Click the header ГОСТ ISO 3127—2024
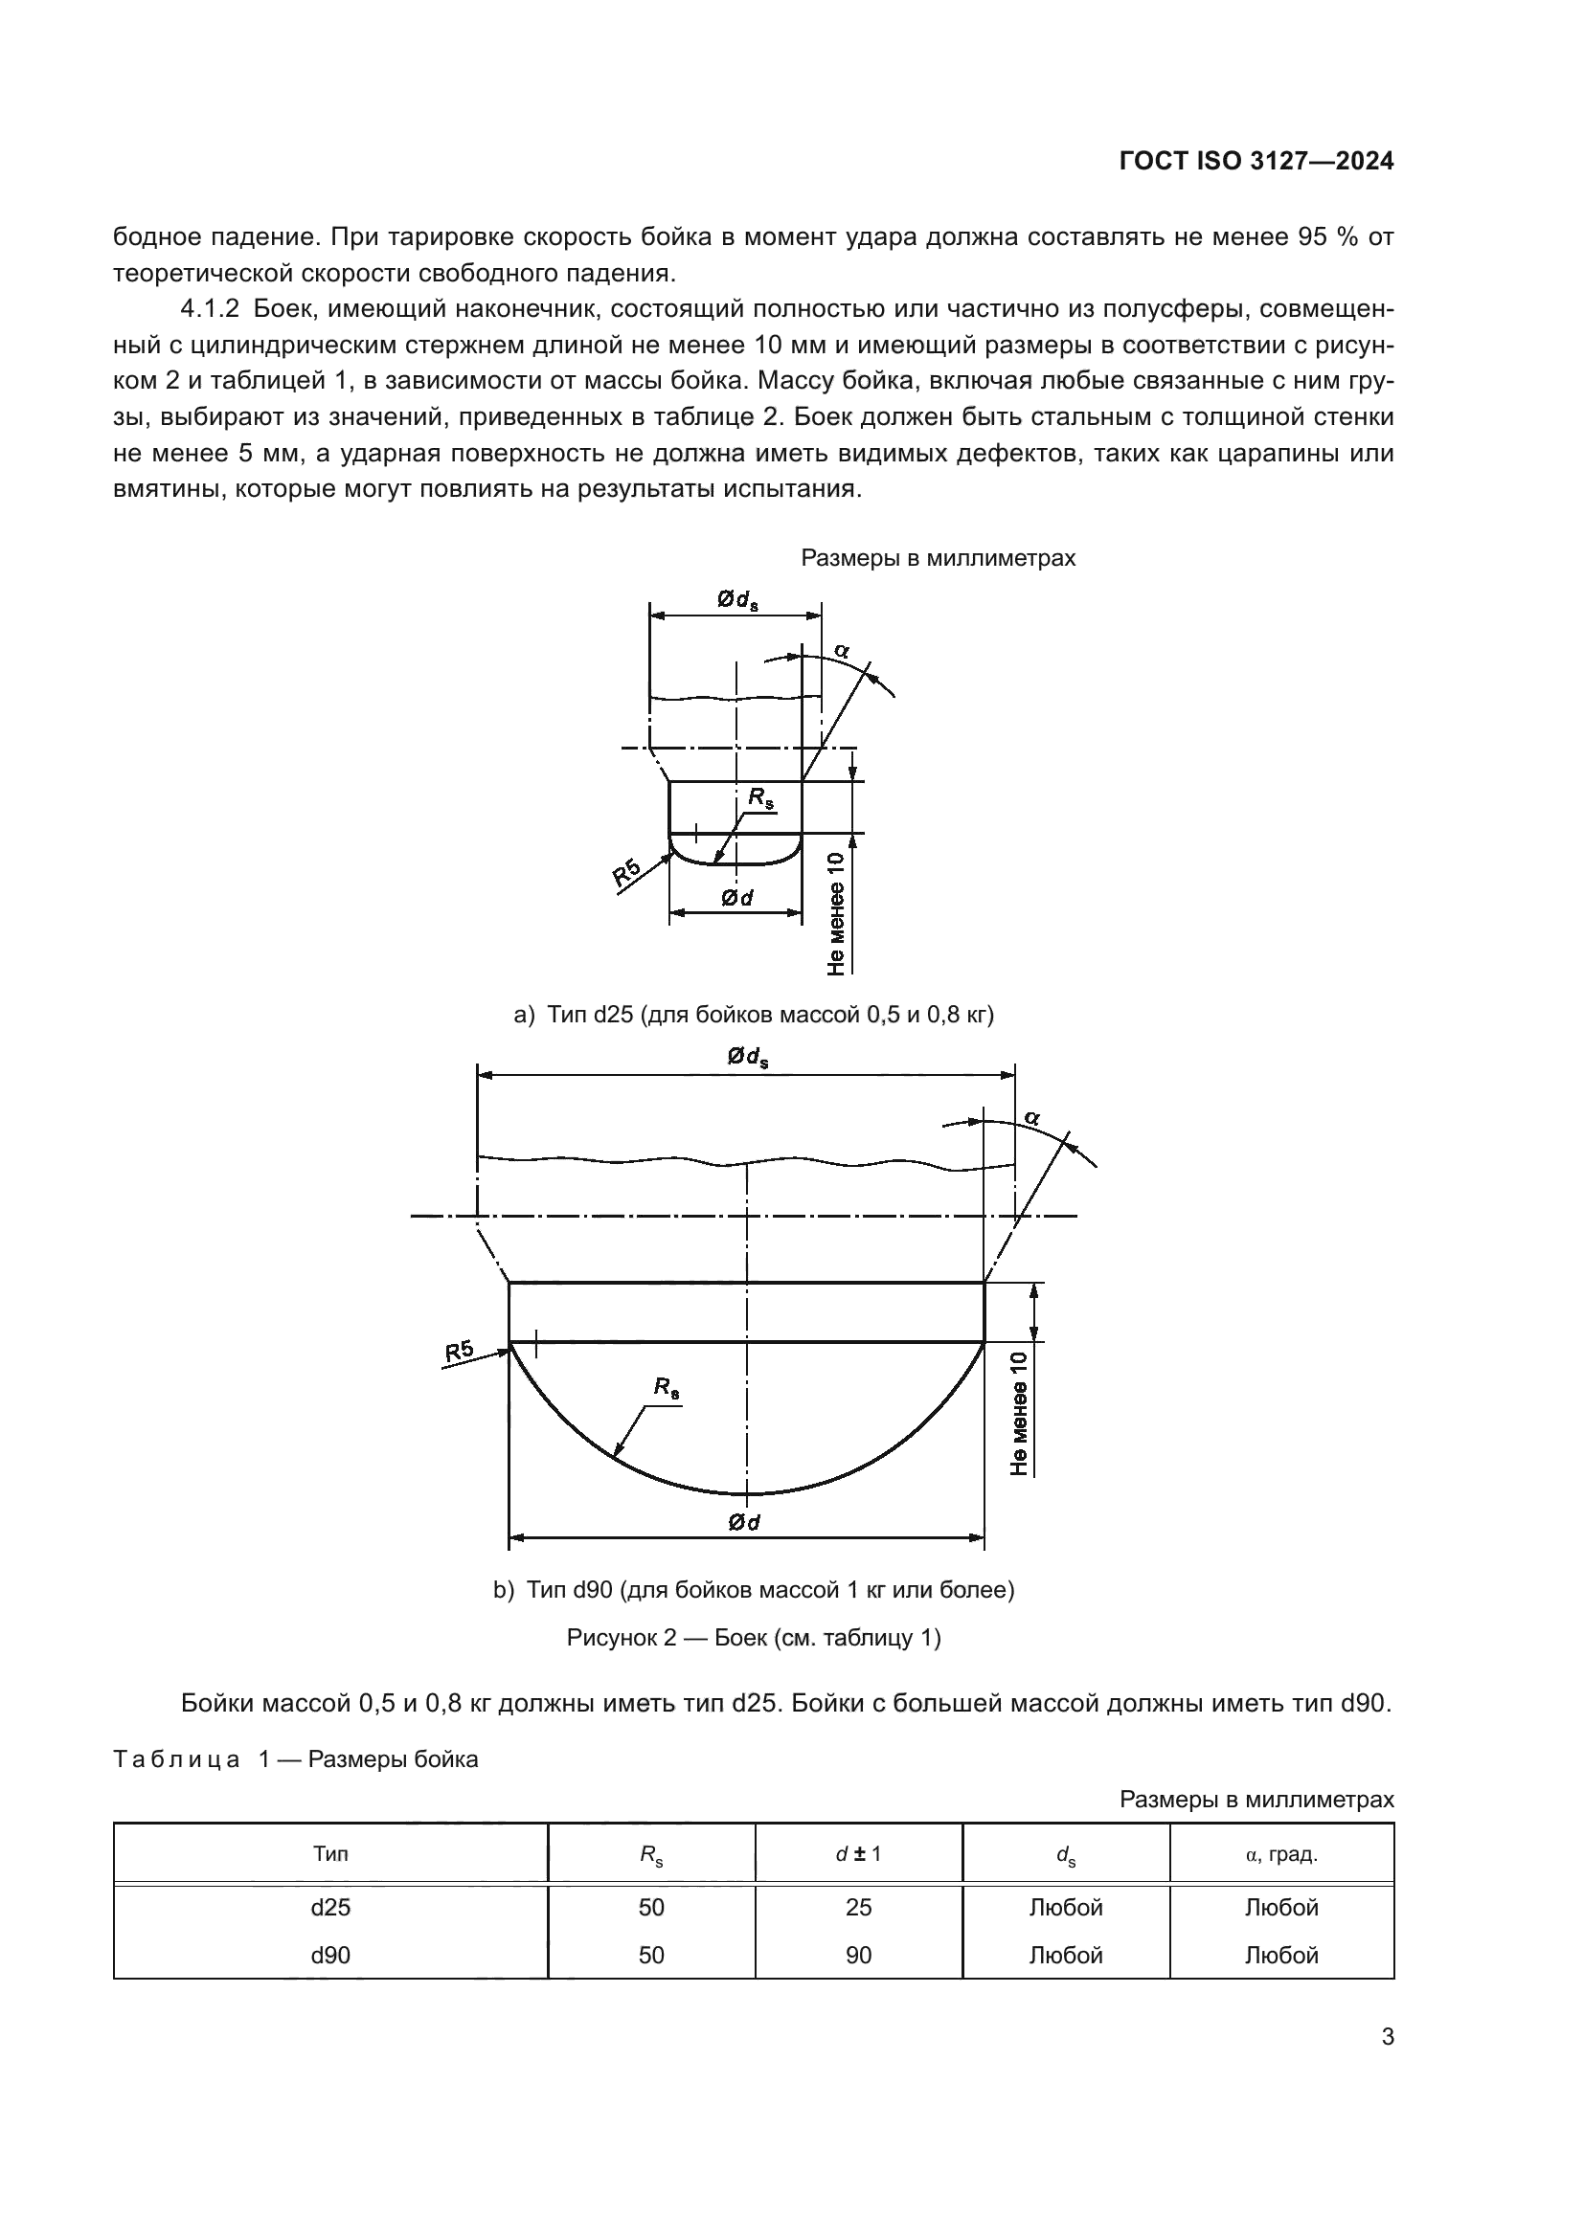[1256, 162]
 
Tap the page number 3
[1387, 2037]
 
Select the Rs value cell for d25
[650, 1908]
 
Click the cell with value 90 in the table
[858, 1956]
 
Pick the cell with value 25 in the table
[858, 1908]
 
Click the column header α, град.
[1280, 1854]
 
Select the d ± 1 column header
[858, 1854]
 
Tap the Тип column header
[330, 1854]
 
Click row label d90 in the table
[330, 1956]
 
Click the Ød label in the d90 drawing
[744, 1522]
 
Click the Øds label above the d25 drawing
[737, 601]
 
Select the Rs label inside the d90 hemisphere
[667, 1388]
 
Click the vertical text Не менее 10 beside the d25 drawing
[836, 914]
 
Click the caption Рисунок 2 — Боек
[753, 1637]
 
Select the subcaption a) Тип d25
[753, 1015]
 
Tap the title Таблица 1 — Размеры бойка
[296, 1759]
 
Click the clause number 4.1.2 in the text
[210, 310]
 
